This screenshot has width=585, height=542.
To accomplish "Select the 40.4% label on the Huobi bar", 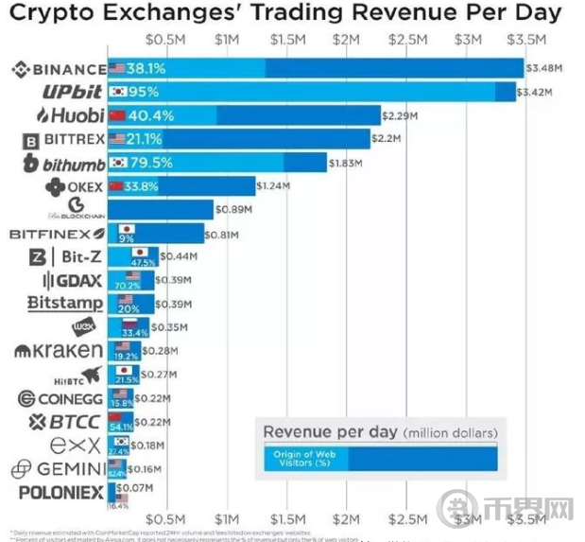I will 149,115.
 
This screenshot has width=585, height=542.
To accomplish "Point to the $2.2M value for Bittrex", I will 388,139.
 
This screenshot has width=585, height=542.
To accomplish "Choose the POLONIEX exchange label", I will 61,492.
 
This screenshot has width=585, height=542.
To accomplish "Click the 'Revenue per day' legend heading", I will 330,432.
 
